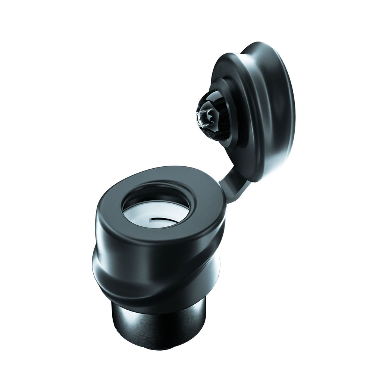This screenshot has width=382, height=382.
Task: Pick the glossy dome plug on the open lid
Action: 211,116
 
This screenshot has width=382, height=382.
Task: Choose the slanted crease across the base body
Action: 157,284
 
